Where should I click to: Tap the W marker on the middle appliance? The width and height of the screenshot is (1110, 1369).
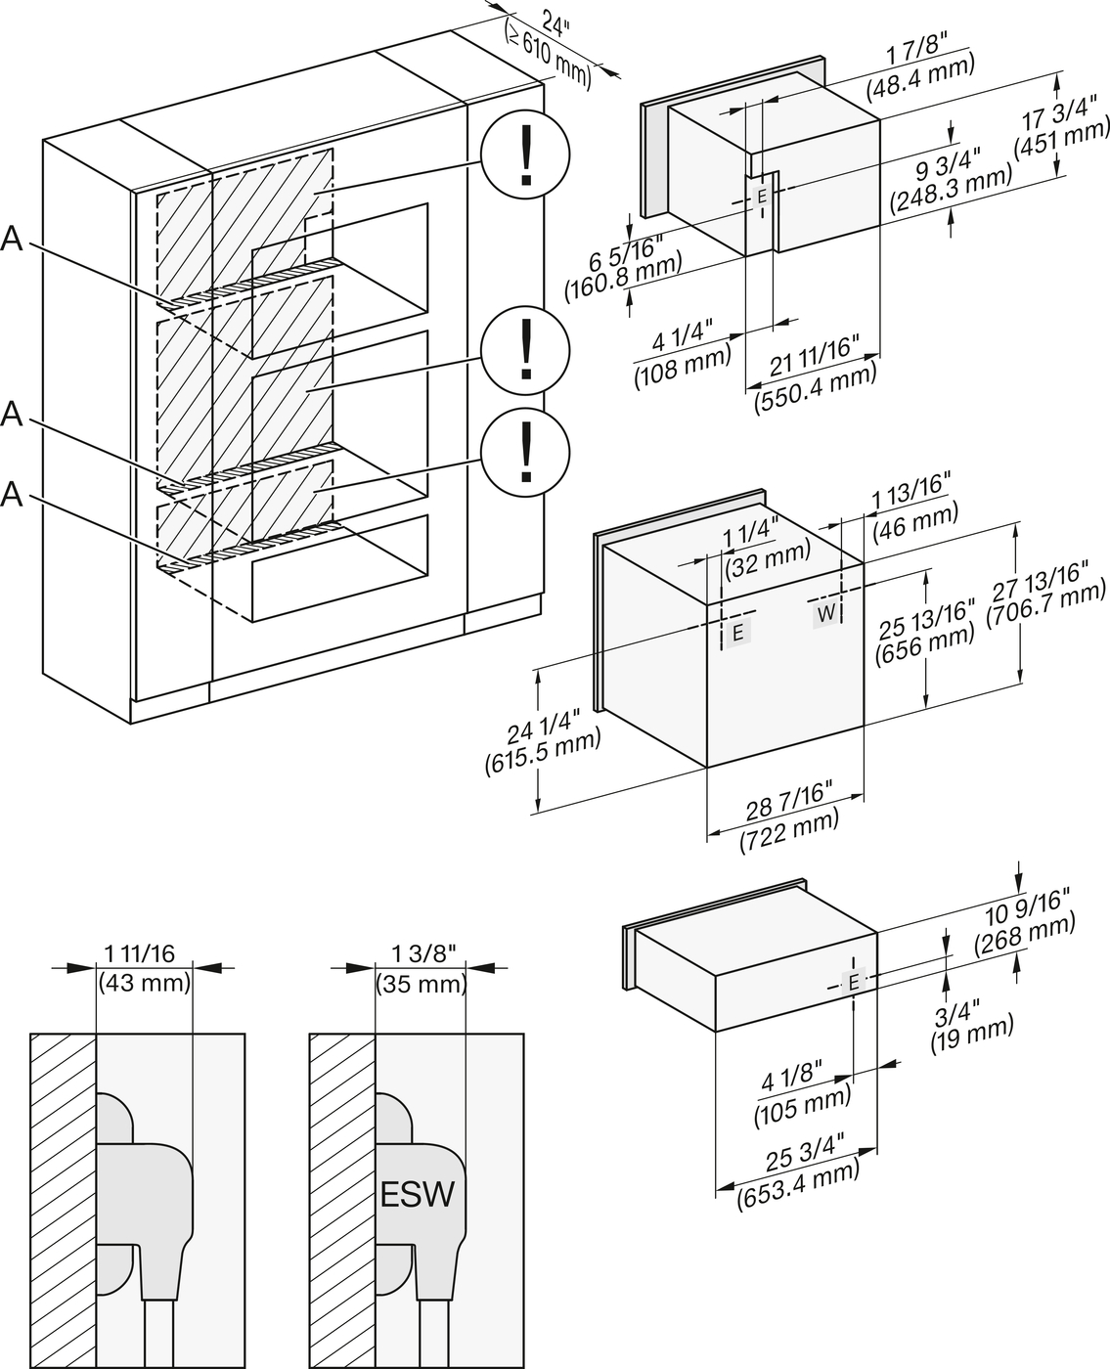[826, 613]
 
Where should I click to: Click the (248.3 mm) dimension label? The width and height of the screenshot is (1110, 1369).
[951, 186]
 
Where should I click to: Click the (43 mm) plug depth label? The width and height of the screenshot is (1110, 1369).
[145, 983]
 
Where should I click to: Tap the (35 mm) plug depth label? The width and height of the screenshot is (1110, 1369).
[421, 983]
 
